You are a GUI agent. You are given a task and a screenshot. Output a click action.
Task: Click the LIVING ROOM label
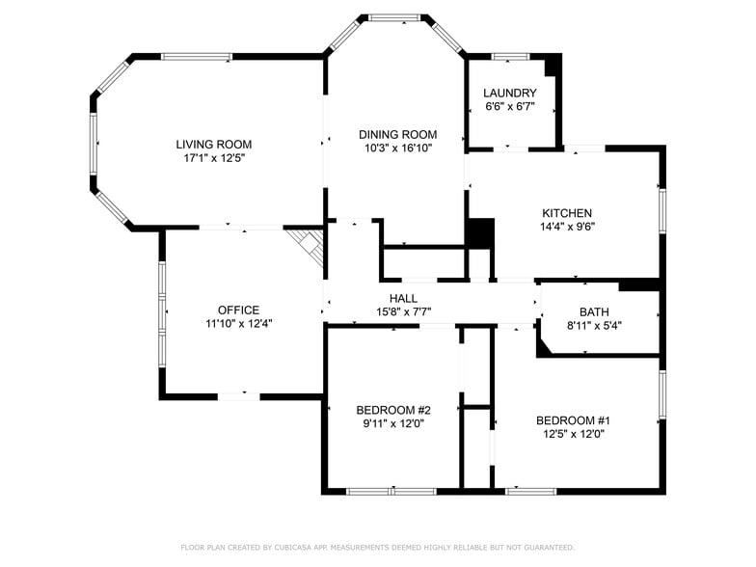click(214, 145)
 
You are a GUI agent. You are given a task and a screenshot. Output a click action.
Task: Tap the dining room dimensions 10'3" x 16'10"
click(398, 148)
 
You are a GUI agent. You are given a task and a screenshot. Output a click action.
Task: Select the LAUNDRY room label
click(509, 93)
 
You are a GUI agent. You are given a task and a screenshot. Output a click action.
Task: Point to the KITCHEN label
click(567, 213)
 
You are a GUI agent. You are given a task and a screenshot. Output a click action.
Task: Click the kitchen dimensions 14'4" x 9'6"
click(567, 226)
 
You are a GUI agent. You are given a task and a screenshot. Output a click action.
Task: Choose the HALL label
click(403, 299)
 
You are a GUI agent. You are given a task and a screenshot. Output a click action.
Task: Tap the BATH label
click(594, 312)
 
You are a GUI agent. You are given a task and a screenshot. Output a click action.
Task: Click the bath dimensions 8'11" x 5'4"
click(594, 326)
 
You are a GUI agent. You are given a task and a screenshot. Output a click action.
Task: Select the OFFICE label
click(239, 310)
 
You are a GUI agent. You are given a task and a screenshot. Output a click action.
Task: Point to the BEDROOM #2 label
click(393, 411)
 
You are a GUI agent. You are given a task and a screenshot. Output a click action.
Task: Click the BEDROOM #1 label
click(573, 420)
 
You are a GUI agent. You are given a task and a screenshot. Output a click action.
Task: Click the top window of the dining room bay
click(395, 17)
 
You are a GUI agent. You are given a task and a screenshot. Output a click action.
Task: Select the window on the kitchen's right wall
click(663, 210)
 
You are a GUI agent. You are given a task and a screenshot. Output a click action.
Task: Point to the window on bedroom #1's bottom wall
click(530, 492)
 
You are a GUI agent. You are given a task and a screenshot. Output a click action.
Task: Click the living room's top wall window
click(197, 56)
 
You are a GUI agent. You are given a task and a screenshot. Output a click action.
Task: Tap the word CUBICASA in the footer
click(293, 548)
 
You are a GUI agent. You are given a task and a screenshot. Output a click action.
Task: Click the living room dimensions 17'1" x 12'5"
click(214, 158)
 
